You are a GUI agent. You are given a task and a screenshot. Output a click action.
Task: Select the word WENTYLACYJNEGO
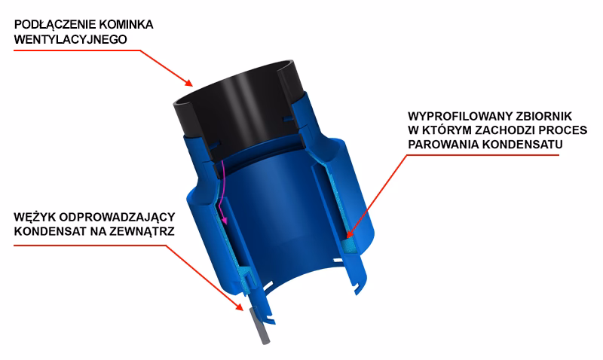point(70,38)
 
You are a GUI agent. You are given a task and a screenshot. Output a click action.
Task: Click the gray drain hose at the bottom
point(259,328)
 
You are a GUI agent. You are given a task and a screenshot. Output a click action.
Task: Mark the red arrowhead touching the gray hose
point(238,307)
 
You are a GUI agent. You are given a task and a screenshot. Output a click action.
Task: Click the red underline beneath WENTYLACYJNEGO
point(75,50)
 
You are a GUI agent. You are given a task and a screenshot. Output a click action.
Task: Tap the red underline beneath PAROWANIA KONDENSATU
point(482,155)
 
